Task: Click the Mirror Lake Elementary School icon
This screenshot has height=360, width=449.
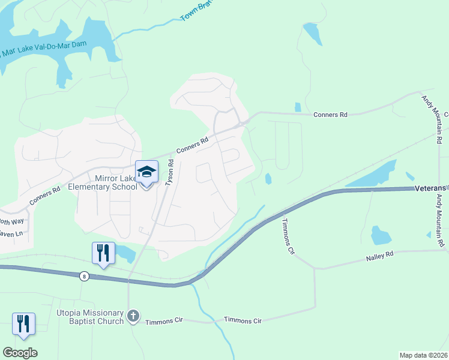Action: [x=146, y=172]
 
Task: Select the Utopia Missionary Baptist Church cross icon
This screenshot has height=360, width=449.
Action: [x=134, y=315]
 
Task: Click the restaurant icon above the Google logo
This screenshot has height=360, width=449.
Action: [x=23, y=323]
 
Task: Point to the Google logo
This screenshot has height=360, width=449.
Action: [x=20, y=353]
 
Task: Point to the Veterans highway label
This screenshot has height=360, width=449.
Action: [x=432, y=188]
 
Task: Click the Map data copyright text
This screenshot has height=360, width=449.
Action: [x=423, y=355]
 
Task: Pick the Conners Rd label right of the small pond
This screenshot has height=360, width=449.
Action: [x=330, y=114]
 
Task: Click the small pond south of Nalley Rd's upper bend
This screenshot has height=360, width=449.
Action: [x=381, y=235]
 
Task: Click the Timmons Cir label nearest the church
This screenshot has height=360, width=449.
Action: [x=164, y=321]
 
